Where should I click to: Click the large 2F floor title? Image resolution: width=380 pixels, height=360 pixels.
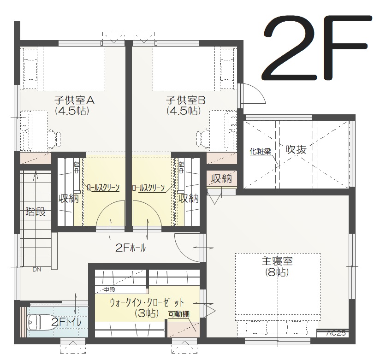[x=316, y=48]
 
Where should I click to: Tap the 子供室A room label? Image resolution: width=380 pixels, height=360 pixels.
[x=74, y=100]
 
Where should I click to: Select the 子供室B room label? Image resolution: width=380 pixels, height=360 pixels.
[x=186, y=100]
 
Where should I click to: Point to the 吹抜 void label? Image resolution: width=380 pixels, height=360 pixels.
[x=296, y=149]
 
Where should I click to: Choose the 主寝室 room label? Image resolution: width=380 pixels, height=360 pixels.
[x=277, y=261]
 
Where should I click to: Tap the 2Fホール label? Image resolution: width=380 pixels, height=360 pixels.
[x=131, y=248]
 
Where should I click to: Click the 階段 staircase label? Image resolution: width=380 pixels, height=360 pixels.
[x=36, y=212]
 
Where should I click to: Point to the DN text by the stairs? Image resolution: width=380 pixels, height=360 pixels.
[x=37, y=269]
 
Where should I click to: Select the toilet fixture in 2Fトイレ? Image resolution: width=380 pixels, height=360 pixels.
[x=41, y=323]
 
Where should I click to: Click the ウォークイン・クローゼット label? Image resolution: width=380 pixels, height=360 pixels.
[x=147, y=302]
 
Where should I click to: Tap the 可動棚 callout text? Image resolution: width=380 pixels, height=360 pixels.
[x=179, y=314]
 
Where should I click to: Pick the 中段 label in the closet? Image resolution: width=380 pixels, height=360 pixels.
[x=109, y=289]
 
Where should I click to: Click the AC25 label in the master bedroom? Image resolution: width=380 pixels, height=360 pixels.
[x=336, y=333]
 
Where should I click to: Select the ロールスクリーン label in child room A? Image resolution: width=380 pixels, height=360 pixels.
[x=103, y=188]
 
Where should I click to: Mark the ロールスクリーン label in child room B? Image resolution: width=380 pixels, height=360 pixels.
[x=148, y=188]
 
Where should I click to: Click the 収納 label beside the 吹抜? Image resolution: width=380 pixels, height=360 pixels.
[x=221, y=178]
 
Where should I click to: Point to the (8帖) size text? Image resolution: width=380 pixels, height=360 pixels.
[x=277, y=272]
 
